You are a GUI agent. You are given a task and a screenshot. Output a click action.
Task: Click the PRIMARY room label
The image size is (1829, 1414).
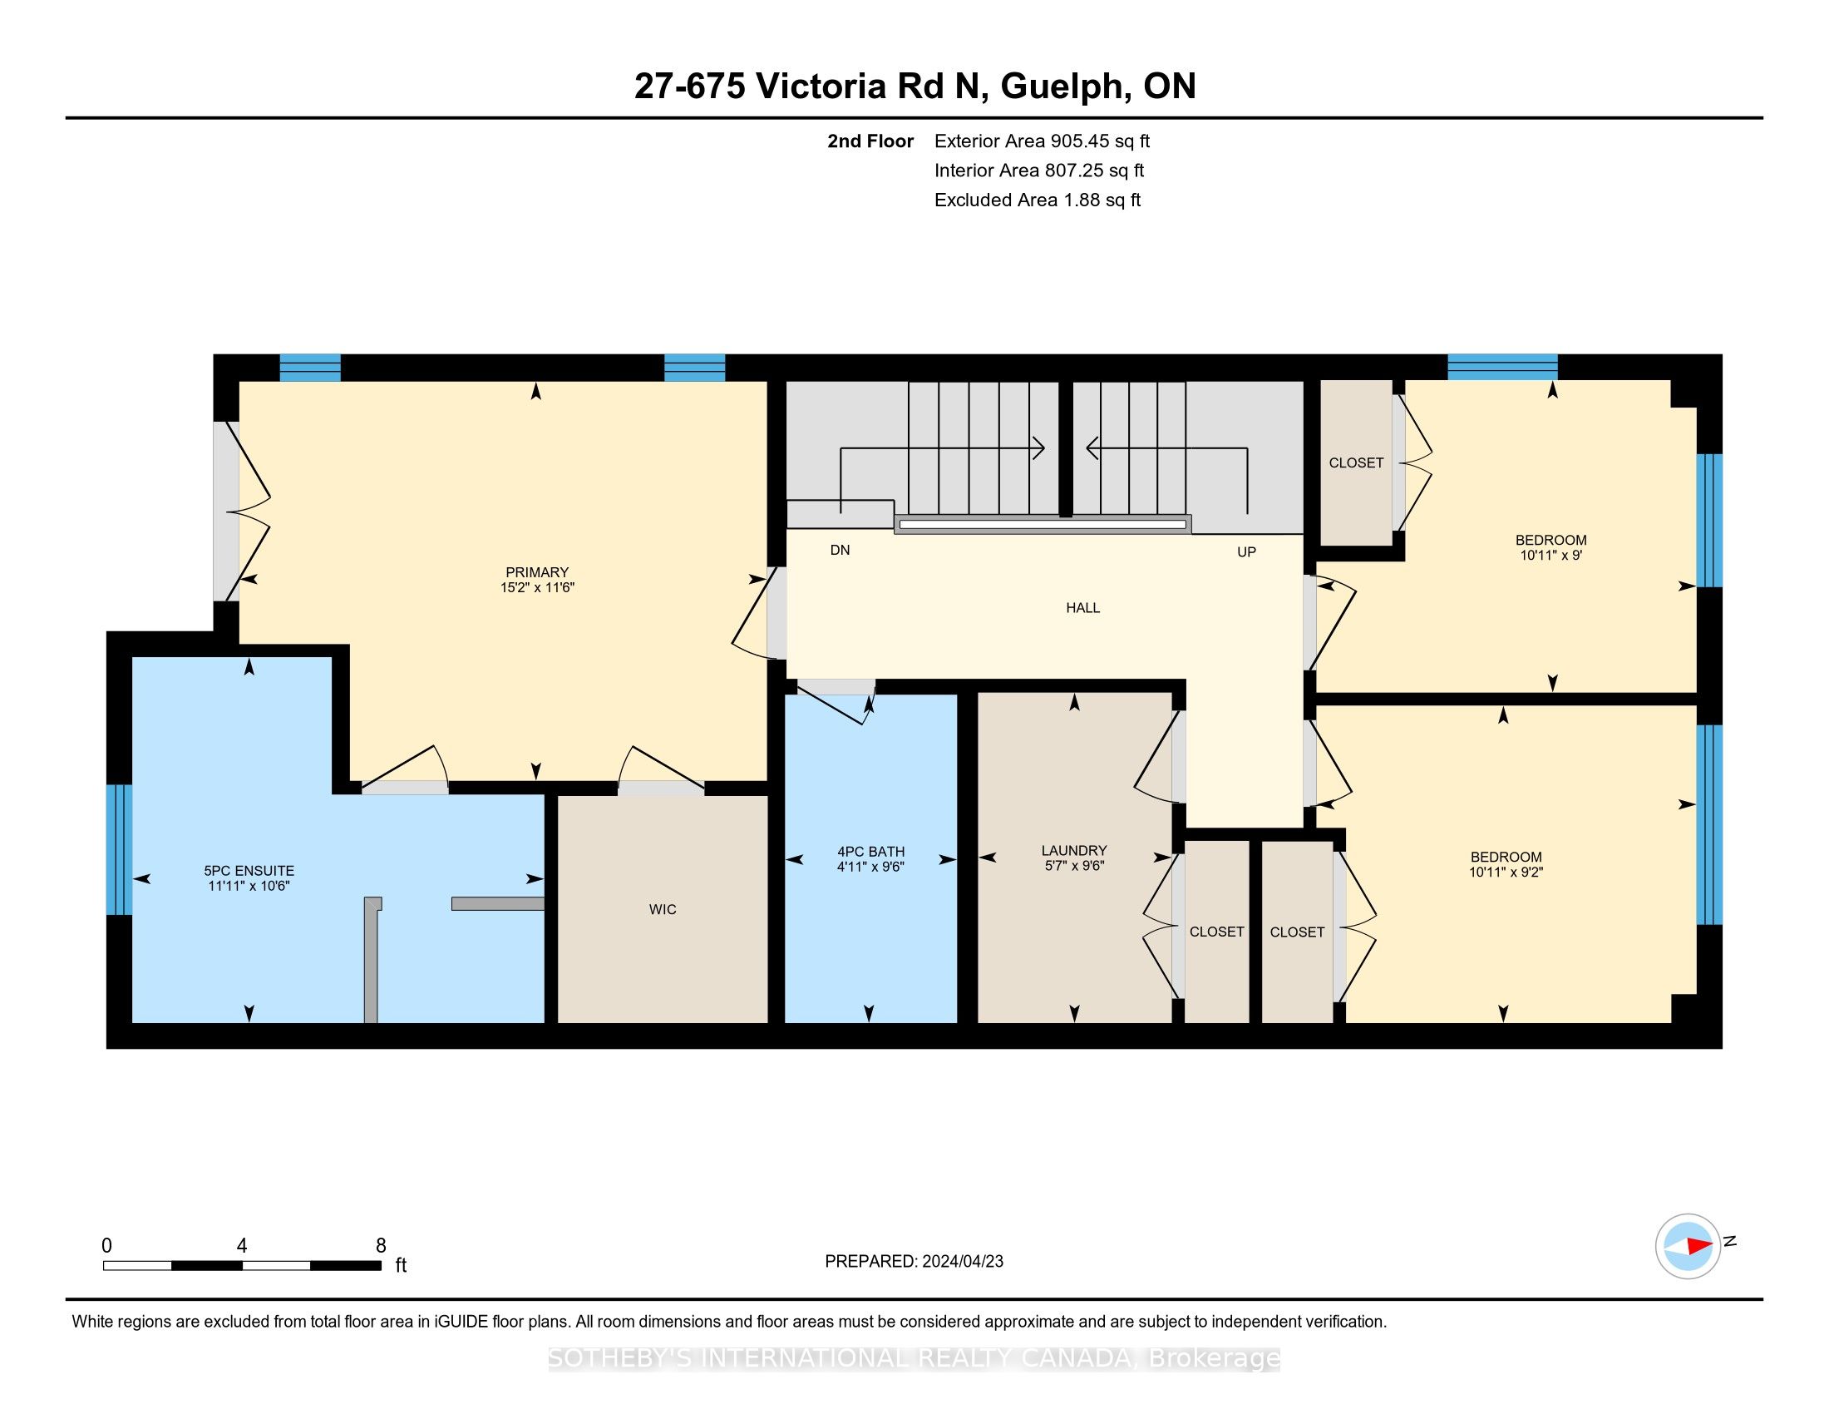537,573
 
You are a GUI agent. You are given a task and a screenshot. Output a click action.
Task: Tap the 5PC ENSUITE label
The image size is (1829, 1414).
249,871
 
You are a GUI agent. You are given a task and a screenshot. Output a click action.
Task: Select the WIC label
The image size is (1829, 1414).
663,910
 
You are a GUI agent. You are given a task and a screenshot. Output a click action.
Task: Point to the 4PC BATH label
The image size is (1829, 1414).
871,852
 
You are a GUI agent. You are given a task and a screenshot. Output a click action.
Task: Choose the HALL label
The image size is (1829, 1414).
1082,608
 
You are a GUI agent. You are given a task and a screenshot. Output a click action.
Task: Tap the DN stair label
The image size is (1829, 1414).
840,551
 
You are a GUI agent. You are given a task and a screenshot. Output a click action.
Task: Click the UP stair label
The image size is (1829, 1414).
1246,552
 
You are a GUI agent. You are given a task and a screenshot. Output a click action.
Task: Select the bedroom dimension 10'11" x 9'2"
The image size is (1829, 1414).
1506,872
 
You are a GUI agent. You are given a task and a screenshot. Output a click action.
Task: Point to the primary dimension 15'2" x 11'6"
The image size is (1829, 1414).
537,588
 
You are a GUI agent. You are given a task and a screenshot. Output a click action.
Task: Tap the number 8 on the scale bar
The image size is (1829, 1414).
381,1246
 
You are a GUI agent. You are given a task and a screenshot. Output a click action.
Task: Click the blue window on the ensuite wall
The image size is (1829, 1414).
119,849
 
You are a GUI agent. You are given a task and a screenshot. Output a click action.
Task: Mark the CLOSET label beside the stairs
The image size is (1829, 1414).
1356,463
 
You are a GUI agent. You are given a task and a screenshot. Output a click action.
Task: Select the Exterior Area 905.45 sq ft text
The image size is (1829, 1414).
1042,141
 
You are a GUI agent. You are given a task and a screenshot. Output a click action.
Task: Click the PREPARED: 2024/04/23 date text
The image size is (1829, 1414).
914,1262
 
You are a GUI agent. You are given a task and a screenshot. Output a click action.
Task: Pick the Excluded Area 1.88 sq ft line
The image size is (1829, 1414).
1038,200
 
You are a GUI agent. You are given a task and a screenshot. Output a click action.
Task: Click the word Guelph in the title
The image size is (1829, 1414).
1062,87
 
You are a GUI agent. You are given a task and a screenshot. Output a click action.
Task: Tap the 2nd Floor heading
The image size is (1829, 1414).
870,141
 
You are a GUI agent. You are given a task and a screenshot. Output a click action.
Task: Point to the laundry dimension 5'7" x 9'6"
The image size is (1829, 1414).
1074,866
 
